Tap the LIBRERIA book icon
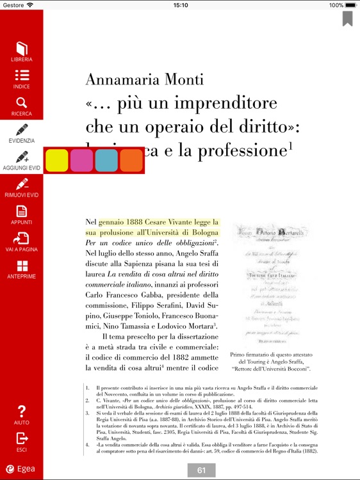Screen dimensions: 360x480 pyautogui.click(x=21, y=49)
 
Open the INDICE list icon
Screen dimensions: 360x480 pyautogui.click(x=21, y=76)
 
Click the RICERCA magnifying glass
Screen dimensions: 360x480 pyautogui.click(x=21, y=103)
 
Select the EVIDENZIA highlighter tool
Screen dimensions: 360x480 pyautogui.click(x=22, y=130)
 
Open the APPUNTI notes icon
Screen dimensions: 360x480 pyautogui.click(x=22, y=211)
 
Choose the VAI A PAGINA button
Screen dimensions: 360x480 pyautogui.click(x=22, y=239)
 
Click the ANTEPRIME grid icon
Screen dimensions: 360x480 pyautogui.click(x=22, y=266)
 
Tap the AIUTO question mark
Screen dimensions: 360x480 pyautogui.click(x=22, y=411)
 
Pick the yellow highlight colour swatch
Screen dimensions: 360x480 pyautogui.click(x=57, y=160)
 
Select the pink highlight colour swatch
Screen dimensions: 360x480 pyautogui.click(x=81, y=160)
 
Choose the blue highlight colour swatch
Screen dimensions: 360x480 pyautogui.click(x=106, y=160)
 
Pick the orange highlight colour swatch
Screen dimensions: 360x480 pyautogui.click(x=131, y=160)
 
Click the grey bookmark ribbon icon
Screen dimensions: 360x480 pyautogui.click(x=347, y=18)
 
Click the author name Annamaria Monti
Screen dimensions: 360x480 pyautogui.click(x=144, y=79)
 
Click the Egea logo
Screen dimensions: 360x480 pyautogui.click(x=21, y=468)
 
